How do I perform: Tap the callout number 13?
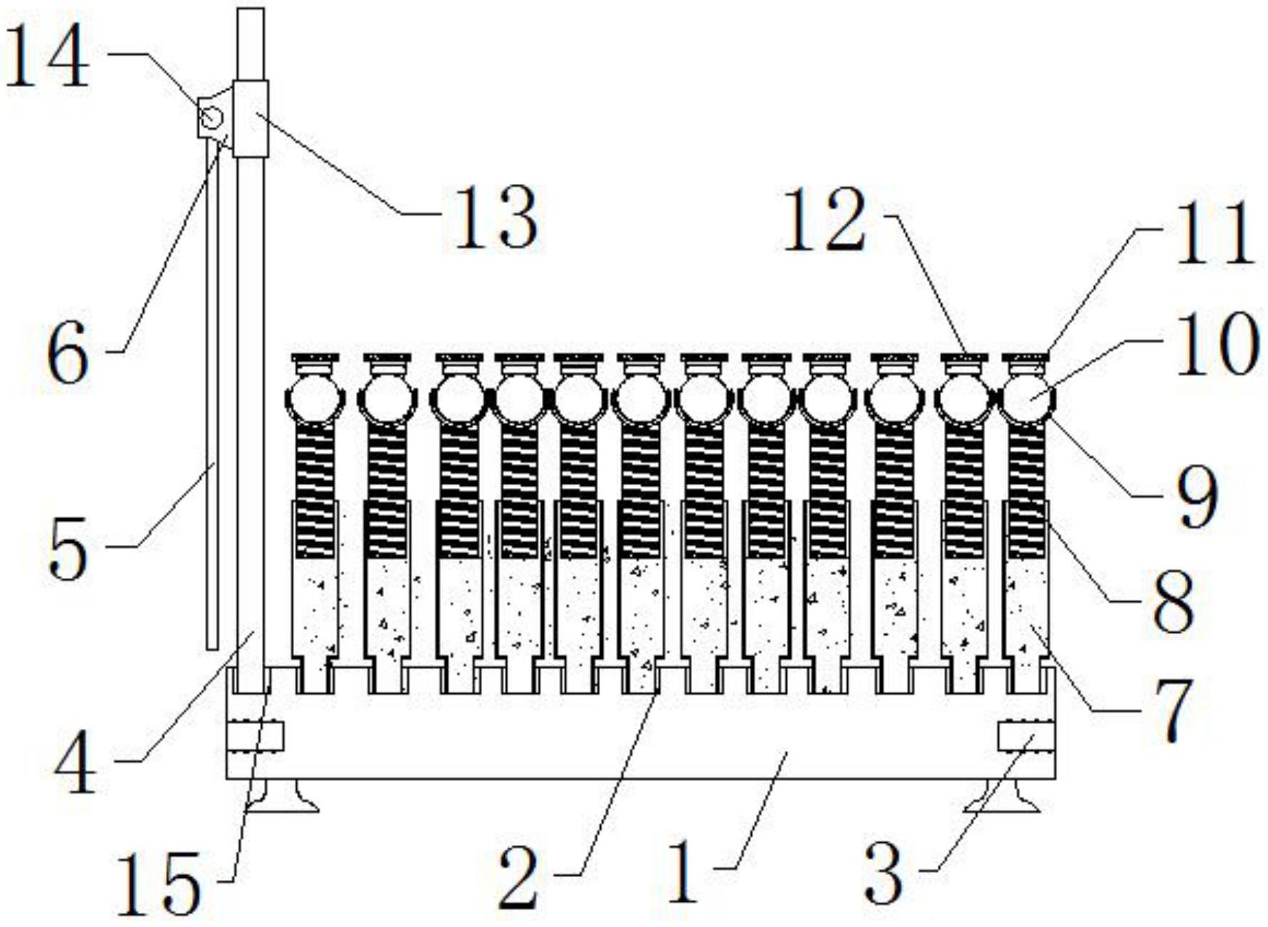pyautogui.click(x=496, y=217)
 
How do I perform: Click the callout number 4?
pyautogui.click(x=75, y=764)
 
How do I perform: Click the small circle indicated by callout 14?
pyautogui.click(x=211, y=117)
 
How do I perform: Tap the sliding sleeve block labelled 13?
pyautogui.click(x=251, y=119)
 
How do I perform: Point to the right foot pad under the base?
pyautogui.click(x=1002, y=796)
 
